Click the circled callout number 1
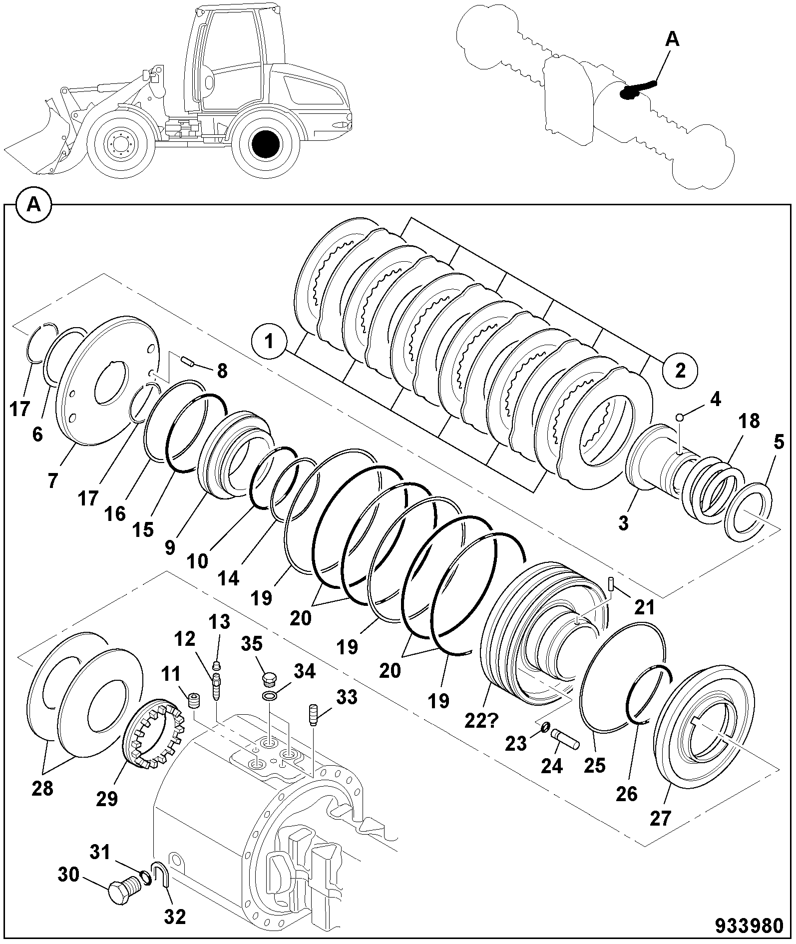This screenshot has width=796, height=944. pos(269,342)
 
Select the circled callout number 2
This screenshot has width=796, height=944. pos(680,371)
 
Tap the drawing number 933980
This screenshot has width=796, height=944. pos(750,926)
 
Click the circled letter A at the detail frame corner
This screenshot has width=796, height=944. pos(33,205)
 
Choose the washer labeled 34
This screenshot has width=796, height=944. pos(269,697)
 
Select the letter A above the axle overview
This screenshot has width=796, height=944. pos(673,39)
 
